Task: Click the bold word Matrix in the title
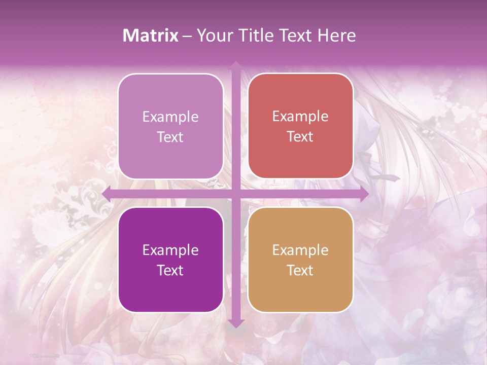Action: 150,35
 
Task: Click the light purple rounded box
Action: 170,126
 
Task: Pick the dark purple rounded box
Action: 170,260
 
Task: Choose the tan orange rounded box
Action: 300,260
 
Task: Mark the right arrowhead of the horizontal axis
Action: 364,194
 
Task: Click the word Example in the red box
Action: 300,117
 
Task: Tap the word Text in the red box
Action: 300,137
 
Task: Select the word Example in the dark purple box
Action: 170,250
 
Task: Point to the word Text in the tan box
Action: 300,270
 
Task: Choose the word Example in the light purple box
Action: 170,117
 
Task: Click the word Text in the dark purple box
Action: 170,270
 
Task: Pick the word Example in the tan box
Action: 300,250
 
